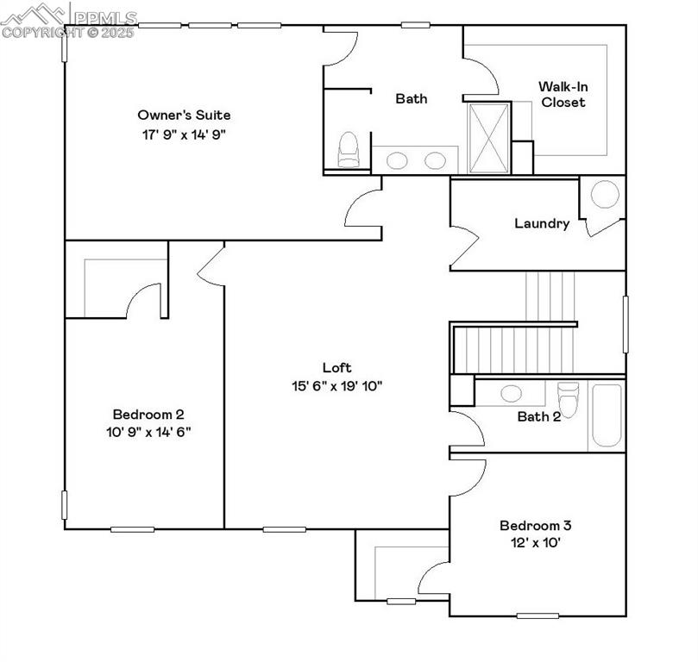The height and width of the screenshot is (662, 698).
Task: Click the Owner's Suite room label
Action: point(184,115)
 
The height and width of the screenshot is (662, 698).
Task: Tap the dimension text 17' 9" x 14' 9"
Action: point(184,134)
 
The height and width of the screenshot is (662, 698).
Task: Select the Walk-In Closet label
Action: point(563,94)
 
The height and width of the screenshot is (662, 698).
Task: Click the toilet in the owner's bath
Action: point(347,150)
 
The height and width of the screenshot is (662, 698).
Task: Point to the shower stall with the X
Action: point(488,138)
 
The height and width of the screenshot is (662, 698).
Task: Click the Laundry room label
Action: point(542,223)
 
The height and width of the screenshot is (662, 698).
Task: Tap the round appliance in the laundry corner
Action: point(604,195)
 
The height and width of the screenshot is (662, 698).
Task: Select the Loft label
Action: point(336,367)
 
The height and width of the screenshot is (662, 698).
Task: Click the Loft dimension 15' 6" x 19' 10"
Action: point(336,386)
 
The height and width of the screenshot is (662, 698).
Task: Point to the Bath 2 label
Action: point(539,416)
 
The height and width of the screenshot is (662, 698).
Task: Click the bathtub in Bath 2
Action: point(606,415)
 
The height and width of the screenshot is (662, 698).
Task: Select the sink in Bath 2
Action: point(511,393)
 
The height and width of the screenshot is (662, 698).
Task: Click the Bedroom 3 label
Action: point(535,525)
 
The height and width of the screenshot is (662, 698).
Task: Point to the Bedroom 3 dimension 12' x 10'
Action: point(535,543)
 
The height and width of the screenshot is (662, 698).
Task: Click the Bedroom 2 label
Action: point(148,414)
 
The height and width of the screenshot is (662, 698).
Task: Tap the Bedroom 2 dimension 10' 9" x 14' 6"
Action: point(148,432)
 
